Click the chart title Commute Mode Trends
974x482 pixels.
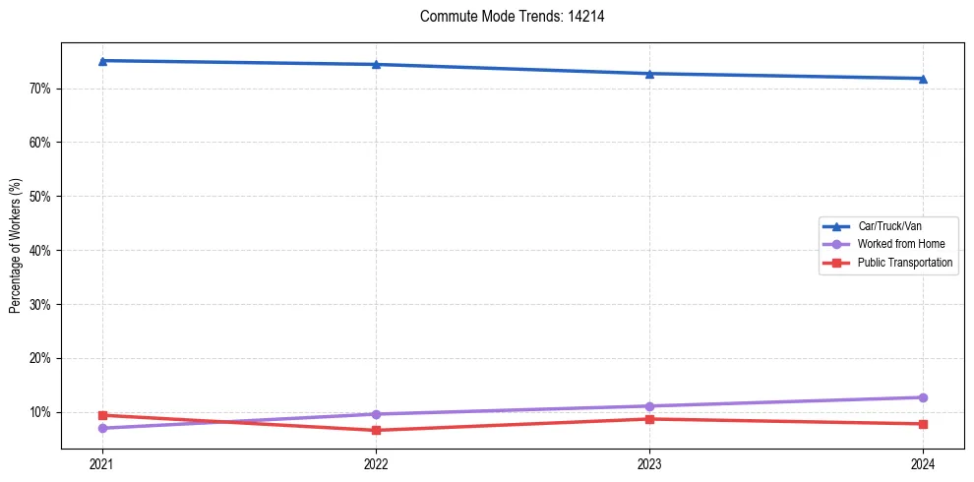505,17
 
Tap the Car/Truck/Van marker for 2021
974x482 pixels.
102,61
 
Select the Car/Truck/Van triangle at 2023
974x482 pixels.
649,74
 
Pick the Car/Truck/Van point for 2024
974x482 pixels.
923,79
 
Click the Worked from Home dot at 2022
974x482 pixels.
376,414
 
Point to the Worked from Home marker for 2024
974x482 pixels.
923,397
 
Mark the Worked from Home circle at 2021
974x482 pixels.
102,428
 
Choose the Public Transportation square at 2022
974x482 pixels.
376,430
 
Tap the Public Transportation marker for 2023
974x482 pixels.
649,419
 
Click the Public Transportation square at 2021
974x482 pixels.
102,415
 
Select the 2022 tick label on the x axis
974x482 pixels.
376,464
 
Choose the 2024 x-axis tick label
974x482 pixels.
923,464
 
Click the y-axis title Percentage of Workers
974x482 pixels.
16,246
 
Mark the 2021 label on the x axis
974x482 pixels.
102,464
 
